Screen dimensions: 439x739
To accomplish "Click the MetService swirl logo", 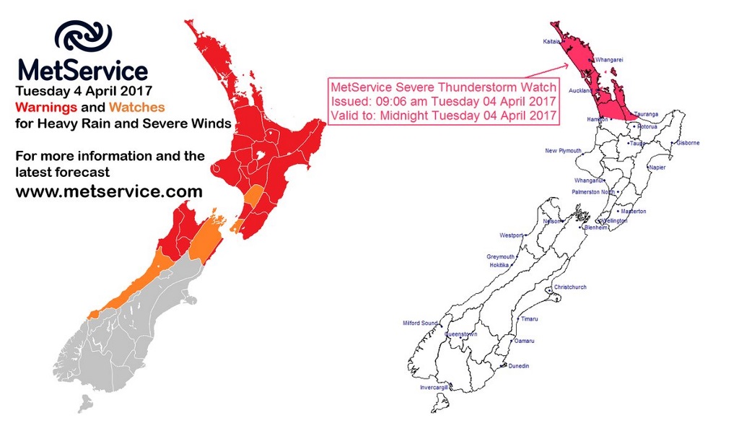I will point(83,36).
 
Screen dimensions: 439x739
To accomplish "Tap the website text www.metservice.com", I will point(109,191).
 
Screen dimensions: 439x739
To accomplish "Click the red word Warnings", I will point(50,107).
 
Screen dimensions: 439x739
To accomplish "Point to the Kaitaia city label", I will point(552,42).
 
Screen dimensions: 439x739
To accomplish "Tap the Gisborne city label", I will point(688,143).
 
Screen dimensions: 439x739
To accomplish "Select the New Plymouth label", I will point(563,151).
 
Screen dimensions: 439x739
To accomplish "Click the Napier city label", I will point(657,167).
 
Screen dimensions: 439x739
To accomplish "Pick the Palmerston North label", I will point(592,192).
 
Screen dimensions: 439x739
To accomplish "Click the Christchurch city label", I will point(570,287).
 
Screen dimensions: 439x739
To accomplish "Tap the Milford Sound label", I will point(420,323).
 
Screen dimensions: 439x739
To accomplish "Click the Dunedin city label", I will point(518,366).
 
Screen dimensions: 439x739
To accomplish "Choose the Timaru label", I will point(529,318).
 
